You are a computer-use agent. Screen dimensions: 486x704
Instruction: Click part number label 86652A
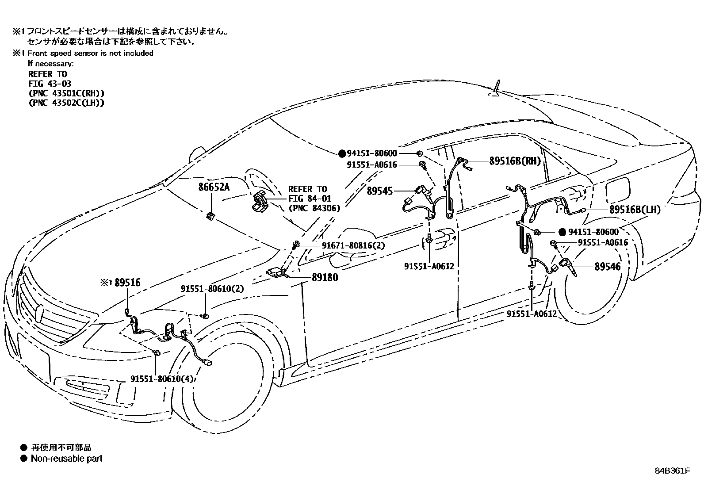coord(214,187)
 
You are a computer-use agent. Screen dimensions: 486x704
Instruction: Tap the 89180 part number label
coord(325,278)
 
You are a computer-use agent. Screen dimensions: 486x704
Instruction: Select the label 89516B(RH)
coord(515,161)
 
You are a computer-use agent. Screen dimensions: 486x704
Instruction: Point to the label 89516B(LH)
coord(635,210)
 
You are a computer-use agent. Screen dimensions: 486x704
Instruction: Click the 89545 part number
coord(379,191)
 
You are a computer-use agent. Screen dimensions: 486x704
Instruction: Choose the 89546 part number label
coord(607,266)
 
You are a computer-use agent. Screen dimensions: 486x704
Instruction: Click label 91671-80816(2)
coord(353,245)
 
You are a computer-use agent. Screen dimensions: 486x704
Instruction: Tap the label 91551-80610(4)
coord(162,379)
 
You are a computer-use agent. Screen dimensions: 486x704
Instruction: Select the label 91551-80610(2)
coord(212,289)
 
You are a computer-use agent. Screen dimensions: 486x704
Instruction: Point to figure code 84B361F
coord(672,470)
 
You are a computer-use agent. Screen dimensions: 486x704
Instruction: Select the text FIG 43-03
coord(50,83)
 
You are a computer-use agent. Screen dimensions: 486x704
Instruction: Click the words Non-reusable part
coord(66,458)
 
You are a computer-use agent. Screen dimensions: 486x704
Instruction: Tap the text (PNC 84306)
coord(314,208)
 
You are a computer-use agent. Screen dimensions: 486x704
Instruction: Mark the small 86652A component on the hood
coord(210,215)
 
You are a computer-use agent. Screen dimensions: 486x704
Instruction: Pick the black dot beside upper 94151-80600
coord(341,153)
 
